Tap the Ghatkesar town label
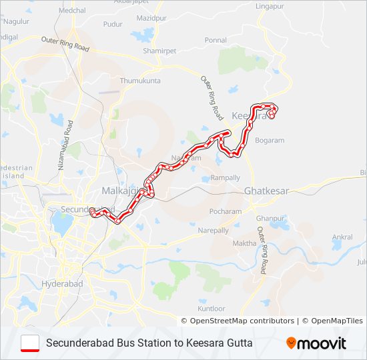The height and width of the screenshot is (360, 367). tap(267, 191)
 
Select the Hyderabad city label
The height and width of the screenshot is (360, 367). tap(61, 283)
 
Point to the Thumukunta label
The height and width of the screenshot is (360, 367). tap(140, 81)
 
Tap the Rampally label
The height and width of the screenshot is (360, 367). tap(225, 178)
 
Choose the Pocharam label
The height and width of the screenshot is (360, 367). tap(225, 211)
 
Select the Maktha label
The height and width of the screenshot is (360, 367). tap(244, 243)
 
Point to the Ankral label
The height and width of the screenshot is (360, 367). tap(342, 237)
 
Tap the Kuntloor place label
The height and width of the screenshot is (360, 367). tap(212, 309)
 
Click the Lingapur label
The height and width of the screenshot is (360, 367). tap(270, 6)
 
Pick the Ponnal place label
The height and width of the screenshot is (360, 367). tap(216, 40)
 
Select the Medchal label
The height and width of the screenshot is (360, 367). tap(73, 11)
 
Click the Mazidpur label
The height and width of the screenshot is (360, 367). tap(151, 18)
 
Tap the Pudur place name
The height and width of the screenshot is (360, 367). tap(113, 24)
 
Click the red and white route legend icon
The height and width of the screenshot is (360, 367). tap(30, 343)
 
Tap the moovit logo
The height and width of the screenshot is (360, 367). tap(316, 343)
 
